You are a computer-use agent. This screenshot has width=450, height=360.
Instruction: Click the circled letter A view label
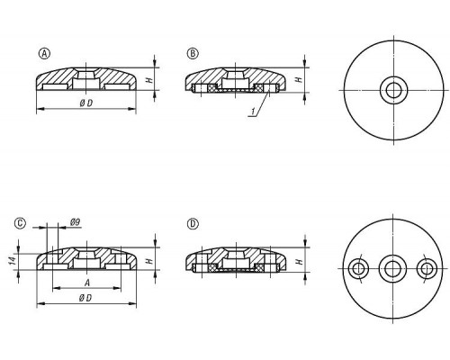pos(44,54)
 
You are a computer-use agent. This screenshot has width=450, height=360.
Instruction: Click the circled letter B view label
pos(193,53)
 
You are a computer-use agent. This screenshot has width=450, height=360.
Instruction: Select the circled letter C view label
pos(21,223)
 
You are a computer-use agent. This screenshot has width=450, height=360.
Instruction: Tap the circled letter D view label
pos(193,224)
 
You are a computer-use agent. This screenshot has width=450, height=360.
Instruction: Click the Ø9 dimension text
pos(75,222)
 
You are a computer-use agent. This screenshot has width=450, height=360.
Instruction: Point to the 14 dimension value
pos(12,260)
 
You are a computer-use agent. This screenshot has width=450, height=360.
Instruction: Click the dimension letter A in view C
pos(87,283)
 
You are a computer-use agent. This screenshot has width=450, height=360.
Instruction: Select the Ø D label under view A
pos(86,103)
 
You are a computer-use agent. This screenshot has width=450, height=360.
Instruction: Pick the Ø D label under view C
pos(85,298)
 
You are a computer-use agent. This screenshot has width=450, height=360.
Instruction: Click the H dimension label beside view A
pos(149,80)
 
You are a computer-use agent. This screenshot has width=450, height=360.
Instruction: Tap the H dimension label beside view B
pos(299,80)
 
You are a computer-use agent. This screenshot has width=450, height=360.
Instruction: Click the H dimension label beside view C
pos(149,260)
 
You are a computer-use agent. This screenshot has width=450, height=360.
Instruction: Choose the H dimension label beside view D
pos(299,262)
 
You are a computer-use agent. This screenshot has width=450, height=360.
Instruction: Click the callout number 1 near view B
pos(253,112)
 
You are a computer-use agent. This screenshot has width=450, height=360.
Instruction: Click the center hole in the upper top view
pos(393,90)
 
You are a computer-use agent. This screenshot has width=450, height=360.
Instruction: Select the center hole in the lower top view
pos(392,269)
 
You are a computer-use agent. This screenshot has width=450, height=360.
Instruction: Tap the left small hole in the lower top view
pos(358,268)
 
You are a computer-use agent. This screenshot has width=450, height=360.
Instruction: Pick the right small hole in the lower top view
pos(427,269)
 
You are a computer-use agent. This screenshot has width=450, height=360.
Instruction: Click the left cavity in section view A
pos(55,87)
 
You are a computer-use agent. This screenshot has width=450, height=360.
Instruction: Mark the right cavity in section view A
pos(117,87)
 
